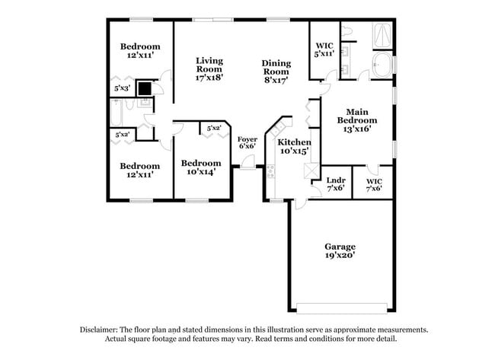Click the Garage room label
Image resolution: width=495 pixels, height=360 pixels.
(x=340, y=247)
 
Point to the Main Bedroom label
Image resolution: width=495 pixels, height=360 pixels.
(x=356, y=116)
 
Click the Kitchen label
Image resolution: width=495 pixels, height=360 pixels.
(x=293, y=142)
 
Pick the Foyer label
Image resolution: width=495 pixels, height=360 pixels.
(x=247, y=139)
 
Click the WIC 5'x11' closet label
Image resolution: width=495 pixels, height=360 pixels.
(x=324, y=49)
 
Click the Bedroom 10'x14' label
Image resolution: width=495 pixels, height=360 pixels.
(x=201, y=163)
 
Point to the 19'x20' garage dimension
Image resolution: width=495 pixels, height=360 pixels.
(x=340, y=256)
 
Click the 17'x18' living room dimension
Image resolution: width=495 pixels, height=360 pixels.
(x=209, y=76)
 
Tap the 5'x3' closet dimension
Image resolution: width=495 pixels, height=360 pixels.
(x=122, y=88)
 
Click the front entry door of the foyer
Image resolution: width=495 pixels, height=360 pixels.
(x=247, y=168)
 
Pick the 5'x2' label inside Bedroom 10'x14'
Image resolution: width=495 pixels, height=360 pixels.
(x=213, y=129)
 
